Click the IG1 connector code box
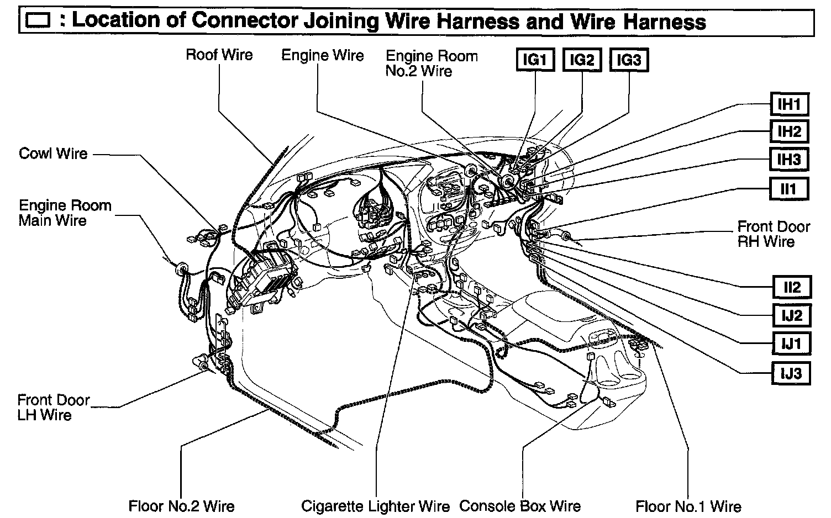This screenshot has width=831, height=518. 534,60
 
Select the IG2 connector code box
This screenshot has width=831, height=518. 582,60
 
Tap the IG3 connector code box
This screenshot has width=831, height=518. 629,60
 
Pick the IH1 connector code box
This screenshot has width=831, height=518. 789,104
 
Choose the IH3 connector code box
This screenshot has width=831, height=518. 789,160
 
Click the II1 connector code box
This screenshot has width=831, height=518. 789,189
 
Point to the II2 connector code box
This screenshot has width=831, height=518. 791,287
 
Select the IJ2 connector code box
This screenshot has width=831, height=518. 791,316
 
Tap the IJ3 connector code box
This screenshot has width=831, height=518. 791,374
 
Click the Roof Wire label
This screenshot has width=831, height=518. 219,55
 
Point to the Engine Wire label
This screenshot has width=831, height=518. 323,55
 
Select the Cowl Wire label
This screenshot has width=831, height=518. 53,153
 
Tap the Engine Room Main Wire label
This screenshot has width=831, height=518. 65,213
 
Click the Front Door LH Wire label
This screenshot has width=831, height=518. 53,407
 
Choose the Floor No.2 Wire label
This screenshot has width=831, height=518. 181,506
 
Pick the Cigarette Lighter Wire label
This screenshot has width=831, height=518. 376,506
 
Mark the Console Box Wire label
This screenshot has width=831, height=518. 520,506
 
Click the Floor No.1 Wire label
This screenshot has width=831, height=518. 688,506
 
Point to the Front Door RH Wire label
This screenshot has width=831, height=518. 773,234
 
